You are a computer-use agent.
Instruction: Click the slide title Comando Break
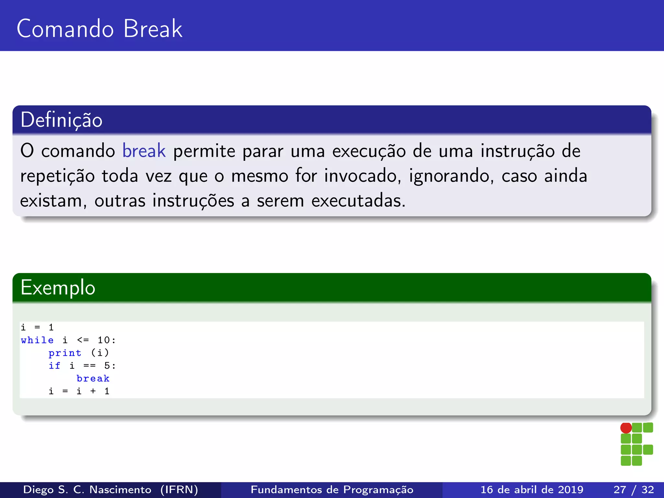[x=99, y=29]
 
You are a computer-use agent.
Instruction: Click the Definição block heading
[x=61, y=120]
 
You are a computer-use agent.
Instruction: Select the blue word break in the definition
[x=144, y=151]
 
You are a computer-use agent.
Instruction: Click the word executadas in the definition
[x=358, y=201]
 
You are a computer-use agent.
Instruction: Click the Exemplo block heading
[x=58, y=288]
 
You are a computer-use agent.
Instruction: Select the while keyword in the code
[x=37, y=340]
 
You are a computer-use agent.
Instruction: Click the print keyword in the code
[x=65, y=353]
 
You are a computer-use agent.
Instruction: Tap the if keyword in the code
[x=54, y=366]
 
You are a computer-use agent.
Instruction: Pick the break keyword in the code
[x=93, y=378]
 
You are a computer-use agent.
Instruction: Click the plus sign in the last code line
[x=93, y=391]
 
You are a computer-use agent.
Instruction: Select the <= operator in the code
[x=83, y=340]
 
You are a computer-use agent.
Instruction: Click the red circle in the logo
[x=626, y=428]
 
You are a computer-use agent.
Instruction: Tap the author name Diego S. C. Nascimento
[x=87, y=490]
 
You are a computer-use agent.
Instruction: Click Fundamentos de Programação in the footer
[x=332, y=490]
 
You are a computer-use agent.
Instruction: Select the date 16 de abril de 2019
[x=532, y=490]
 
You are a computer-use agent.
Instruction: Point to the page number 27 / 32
[x=634, y=490]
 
